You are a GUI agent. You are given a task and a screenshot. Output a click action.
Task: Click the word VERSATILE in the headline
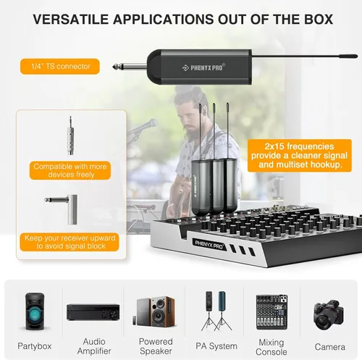point(71,20)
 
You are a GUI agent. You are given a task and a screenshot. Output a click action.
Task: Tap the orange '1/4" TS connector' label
point(60,67)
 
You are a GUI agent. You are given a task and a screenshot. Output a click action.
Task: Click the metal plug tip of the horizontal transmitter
point(115,67)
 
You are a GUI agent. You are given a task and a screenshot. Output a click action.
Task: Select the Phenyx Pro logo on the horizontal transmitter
point(204,67)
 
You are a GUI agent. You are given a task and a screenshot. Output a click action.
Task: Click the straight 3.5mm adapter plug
point(70,135)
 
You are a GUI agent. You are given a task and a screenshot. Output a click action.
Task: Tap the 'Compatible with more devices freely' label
point(70,170)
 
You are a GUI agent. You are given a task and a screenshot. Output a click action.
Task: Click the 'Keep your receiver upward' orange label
point(70,242)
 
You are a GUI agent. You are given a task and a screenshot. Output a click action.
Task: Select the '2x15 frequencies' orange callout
point(300,155)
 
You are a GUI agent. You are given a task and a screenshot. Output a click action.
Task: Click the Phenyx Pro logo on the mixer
point(209,244)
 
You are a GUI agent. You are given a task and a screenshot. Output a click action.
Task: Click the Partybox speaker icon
point(35,311)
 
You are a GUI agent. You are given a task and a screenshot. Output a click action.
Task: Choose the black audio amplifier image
point(93,312)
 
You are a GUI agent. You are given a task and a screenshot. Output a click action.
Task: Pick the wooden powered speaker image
point(156,311)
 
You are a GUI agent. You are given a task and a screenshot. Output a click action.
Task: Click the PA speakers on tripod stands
point(216,311)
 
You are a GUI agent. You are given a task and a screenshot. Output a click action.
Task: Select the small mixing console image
point(271,312)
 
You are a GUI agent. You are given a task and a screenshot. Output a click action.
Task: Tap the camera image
point(329,315)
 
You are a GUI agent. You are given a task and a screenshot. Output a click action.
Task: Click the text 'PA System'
point(216,346)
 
